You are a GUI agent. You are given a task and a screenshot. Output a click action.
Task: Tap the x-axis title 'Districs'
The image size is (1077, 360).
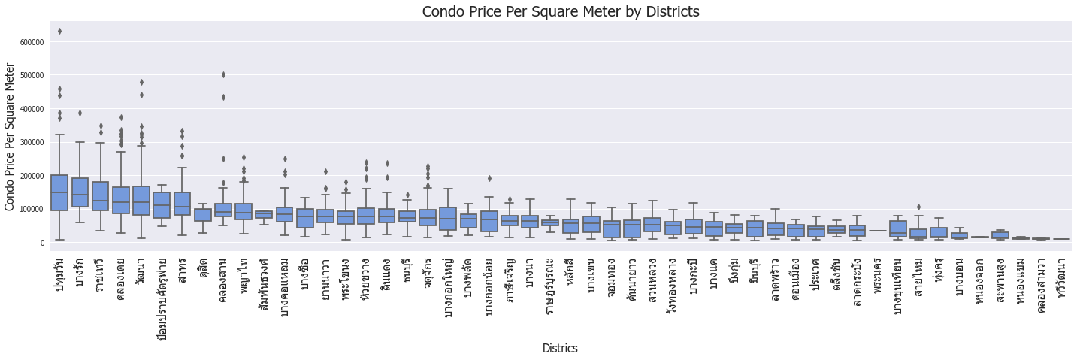(x=560, y=349)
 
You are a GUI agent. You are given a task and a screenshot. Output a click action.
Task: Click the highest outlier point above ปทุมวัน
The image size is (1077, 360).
(x=59, y=32)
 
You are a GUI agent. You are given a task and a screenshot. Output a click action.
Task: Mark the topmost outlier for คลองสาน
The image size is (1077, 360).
(x=223, y=74)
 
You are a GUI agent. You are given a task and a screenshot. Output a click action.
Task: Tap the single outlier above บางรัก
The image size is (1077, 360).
(x=80, y=113)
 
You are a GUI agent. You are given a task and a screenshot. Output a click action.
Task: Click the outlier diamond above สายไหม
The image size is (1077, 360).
(x=918, y=207)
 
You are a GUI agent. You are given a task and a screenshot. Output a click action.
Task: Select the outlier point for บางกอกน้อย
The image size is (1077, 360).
(x=489, y=178)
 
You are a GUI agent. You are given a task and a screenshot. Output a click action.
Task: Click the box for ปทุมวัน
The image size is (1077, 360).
(x=59, y=192)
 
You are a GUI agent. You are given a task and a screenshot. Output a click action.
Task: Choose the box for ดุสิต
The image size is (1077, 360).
(x=203, y=215)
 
